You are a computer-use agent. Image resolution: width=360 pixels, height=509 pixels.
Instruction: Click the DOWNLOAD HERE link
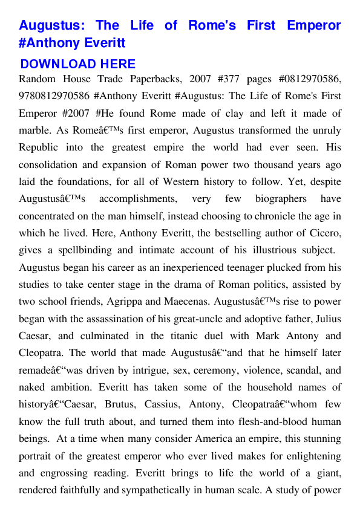[x=77, y=64]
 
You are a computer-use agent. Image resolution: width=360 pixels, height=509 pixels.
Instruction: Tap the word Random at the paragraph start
[x=37, y=79]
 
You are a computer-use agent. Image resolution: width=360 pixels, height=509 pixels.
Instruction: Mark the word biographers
[x=280, y=198]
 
